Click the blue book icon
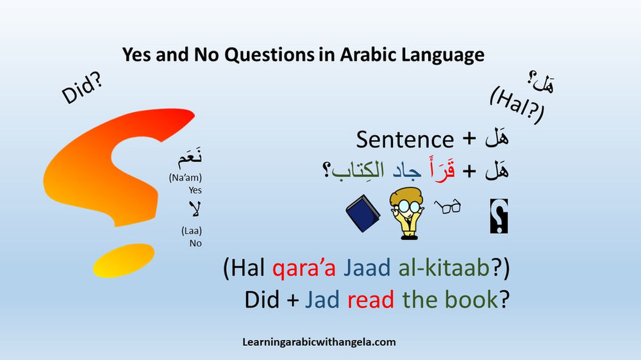tap(363, 215)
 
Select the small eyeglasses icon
tap(447, 207)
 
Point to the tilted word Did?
tap(84, 90)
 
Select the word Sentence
tap(404, 139)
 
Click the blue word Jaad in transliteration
tap(367, 269)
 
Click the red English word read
tap(370, 299)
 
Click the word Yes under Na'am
tap(195, 190)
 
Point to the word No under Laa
tap(196, 243)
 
